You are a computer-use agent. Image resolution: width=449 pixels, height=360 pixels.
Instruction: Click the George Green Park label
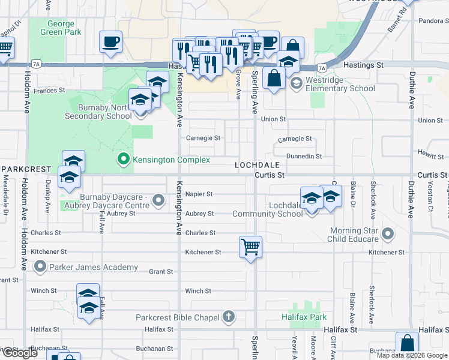(x=61, y=28)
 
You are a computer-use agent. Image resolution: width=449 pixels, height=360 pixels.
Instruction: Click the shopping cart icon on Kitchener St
(x=250, y=247)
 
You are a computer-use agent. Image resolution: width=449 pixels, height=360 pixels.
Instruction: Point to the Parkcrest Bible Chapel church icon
(x=228, y=317)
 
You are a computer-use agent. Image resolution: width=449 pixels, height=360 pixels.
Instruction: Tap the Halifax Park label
(x=304, y=316)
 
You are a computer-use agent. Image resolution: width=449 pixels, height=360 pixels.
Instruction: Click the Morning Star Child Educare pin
(x=388, y=234)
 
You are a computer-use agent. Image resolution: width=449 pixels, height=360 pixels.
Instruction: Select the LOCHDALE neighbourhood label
(x=258, y=164)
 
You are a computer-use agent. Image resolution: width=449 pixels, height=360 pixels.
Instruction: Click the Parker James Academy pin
(x=40, y=266)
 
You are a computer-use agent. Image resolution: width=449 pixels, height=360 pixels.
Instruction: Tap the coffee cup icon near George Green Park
(x=110, y=42)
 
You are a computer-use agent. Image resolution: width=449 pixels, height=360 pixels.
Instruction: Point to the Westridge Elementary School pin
(x=296, y=83)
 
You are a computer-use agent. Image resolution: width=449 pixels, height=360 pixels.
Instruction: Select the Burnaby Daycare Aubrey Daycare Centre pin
(x=158, y=200)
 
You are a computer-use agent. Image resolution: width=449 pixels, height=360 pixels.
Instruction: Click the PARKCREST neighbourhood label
(x=24, y=170)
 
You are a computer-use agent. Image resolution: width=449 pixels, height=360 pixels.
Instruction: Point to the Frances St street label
(x=49, y=91)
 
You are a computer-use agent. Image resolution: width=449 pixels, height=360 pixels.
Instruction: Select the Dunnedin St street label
(x=304, y=156)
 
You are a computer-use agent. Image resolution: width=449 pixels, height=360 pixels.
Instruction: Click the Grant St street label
(x=161, y=272)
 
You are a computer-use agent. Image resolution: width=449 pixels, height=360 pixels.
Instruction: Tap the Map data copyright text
(x=412, y=355)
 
